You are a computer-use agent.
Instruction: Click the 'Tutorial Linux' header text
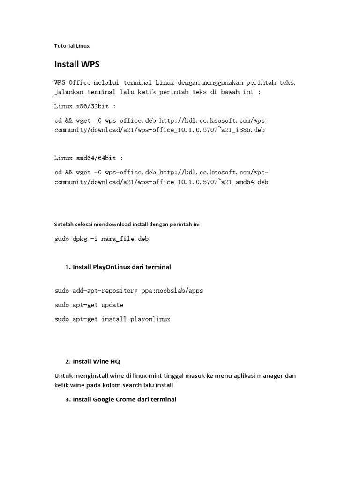click(x=72, y=46)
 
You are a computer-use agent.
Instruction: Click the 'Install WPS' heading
click(x=77, y=64)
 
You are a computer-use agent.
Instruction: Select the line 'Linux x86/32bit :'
click(x=85, y=106)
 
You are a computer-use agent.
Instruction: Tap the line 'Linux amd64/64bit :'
click(x=89, y=158)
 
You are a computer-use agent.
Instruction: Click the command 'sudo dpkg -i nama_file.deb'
click(x=101, y=239)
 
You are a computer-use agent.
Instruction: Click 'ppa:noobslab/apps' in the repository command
click(x=172, y=291)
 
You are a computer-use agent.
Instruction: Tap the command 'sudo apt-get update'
click(x=89, y=305)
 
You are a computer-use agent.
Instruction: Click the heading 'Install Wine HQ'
click(x=97, y=361)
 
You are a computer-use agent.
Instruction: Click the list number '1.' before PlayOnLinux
click(x=68, y=267)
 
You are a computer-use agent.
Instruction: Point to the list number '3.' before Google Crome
click(x=68, y=399)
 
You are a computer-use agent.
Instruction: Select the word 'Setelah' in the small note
click(x=63, y=225)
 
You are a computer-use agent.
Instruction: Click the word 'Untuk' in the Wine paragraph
click(x=62, y=376)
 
